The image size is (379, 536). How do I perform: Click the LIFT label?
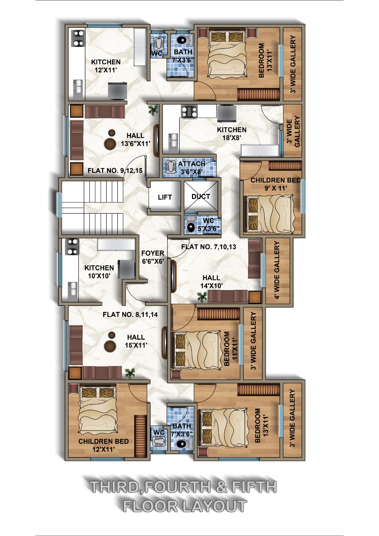[x=165, y=197]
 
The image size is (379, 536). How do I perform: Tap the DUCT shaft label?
[x=201, y=196]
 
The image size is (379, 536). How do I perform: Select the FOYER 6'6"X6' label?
[x=153, y=257]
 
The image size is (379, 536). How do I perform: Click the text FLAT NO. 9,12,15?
[x=115, y=171]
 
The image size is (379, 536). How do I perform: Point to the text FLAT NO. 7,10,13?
[x=208, y=247]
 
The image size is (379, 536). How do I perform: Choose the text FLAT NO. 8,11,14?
[x=130, y=315]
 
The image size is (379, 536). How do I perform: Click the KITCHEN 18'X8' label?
[x=232, y=134]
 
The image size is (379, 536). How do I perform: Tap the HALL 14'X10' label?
[x=211, y=282]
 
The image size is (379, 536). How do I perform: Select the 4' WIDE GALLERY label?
[x=277, y=270]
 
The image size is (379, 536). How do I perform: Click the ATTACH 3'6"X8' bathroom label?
[x=192, y=168]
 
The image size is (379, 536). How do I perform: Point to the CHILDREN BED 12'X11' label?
[x=104, y=445]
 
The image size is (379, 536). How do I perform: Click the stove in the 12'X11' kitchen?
[x=78, y=38]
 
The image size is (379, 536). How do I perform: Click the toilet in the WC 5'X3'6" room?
[x=191, y=225]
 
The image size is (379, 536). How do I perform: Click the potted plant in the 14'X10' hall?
[x=202, y=297]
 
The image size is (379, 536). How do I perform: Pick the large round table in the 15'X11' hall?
[x=110, y=345]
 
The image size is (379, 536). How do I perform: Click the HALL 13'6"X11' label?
[x=135, y=139]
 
